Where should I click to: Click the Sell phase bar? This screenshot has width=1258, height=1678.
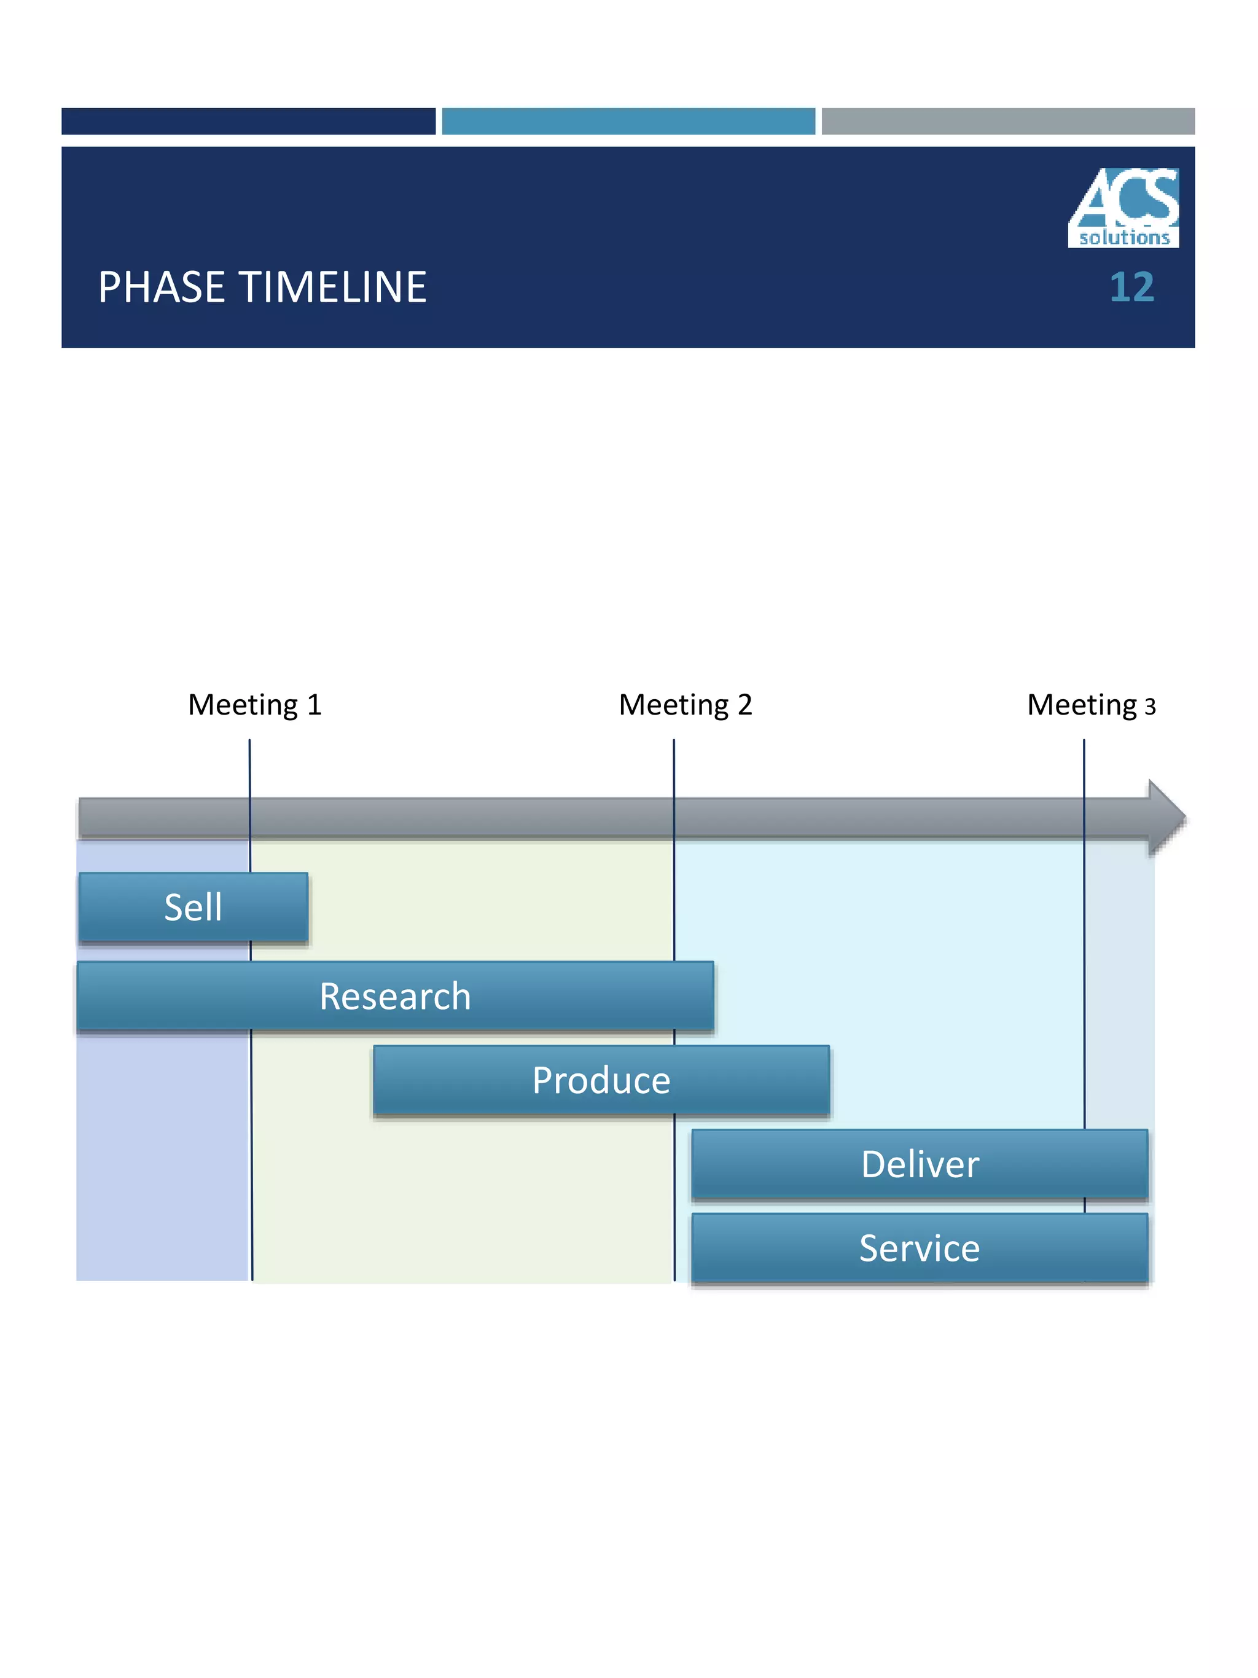coord(193,908)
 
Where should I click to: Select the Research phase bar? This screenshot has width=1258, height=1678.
coord(395,996)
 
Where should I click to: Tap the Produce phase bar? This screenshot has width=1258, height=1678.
coord(601,1080)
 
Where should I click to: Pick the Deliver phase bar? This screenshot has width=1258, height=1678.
coord(920,1164)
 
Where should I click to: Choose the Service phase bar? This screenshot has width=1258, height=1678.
coord(920,1249)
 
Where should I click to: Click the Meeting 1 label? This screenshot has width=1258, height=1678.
coord(255,705)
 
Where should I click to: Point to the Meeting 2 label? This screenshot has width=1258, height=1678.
coord(686,705)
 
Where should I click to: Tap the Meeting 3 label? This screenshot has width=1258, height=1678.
coord(1091,705)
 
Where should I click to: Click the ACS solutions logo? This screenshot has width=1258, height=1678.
coord(1123,206)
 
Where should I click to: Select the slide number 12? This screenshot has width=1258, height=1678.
coord(1131,288)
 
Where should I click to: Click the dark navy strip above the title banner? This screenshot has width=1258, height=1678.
coord(248,122)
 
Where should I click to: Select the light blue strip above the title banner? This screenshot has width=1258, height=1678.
coord(628,122)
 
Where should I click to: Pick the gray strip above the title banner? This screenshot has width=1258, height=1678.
coord(1008,122)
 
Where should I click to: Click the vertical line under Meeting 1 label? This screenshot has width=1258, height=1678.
coord(249,766)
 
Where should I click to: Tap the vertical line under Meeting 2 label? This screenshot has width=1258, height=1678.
coord(673,766)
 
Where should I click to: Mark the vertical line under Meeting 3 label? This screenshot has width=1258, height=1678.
coord(1084,766)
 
